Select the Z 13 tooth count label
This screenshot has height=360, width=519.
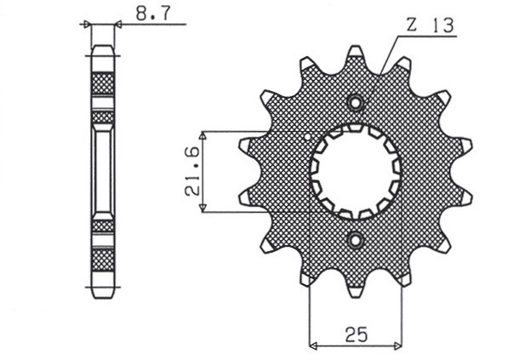point(430,26)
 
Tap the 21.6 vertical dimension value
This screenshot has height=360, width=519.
point(192,171)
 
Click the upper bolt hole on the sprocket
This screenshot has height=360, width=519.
point(356,104)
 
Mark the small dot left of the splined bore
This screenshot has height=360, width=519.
point(307,135)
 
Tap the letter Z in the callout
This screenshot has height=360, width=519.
point(411,26)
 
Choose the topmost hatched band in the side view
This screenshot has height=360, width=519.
point(102,83)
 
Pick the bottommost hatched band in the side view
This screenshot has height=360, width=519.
point(102,258)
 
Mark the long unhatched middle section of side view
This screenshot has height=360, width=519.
point(102,170)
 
